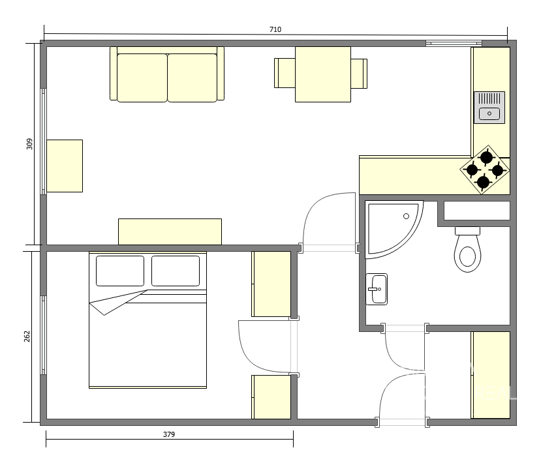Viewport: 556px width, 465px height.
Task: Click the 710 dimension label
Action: click(275, 29)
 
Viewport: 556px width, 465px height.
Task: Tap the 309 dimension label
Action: click(29, 144)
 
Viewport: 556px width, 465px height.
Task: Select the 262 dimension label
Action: click(27, 337)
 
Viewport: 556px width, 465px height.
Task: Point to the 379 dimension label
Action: click(169, 434)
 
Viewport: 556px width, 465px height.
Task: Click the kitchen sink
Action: click(489, 108)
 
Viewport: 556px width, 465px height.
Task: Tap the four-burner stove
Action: click(485, 170)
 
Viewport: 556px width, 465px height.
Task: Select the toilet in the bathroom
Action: click(467, 250)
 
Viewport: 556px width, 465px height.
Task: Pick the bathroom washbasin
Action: click(377, 289)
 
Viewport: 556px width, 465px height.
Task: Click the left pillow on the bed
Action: click(120, 271)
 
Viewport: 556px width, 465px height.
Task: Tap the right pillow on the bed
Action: click(176, 271)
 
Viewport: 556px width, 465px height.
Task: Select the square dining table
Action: click(323, 74)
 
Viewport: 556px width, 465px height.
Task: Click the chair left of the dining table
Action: click(285, 73)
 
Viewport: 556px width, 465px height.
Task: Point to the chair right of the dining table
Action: click(359, 73)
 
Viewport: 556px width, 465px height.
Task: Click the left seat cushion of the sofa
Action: click(142, 78)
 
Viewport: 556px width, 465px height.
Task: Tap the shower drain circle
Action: click(407, 217)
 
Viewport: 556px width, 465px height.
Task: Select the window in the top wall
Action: click(454, 43)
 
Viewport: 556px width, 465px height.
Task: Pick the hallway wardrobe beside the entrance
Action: click(491, 375)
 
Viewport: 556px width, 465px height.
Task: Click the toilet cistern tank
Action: click(467, 231)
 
